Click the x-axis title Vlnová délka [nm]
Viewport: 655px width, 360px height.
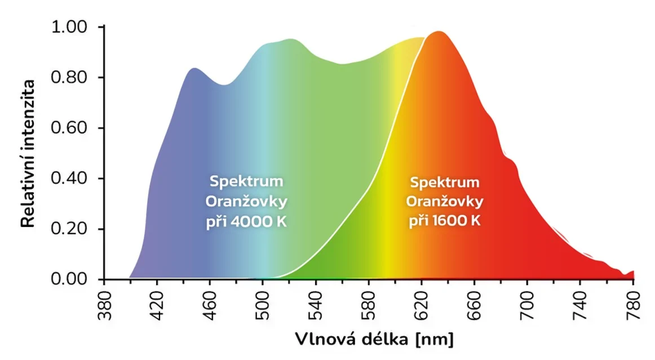[374, 340]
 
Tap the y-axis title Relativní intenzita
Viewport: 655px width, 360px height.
[28, 153]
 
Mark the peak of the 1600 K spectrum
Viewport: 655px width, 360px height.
[437, 32]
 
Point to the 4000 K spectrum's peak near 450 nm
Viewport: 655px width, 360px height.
[194, 68]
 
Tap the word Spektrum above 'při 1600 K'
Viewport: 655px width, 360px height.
[445, 183]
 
